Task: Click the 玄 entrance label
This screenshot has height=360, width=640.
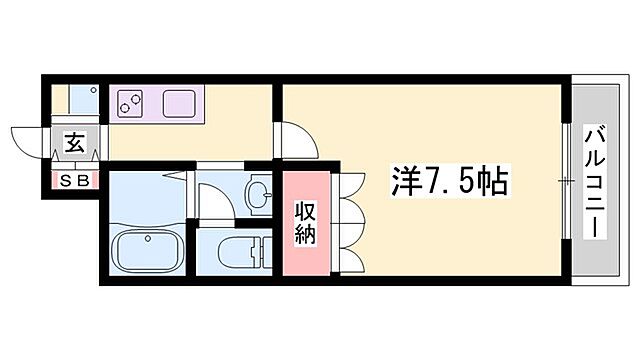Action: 75,143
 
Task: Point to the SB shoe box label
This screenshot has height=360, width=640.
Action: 74,181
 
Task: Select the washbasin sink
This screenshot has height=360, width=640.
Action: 259,193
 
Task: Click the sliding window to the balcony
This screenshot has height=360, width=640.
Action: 568,181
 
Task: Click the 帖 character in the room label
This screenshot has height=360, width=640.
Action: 493,182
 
